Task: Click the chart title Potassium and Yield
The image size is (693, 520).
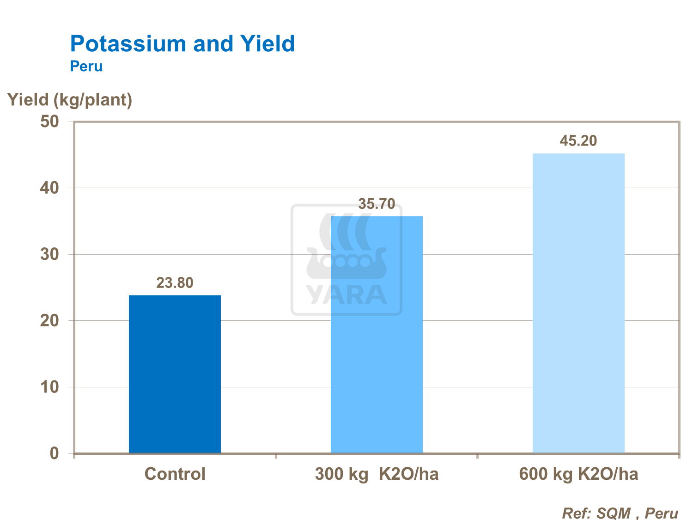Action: coord(182,44)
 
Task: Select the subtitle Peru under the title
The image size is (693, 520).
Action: coord(86,67)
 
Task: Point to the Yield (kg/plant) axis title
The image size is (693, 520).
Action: coord(70,100)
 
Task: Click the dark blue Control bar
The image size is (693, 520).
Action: coord(175,374)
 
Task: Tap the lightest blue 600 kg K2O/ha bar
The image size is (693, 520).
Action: coord(578,303)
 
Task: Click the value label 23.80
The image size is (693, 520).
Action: coord(175,283)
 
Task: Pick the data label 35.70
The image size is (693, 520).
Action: coord(377,204)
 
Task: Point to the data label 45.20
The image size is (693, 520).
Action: coord(578,141)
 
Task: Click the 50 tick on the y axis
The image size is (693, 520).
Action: coord(50,122)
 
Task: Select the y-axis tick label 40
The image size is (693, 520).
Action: coord(50,188)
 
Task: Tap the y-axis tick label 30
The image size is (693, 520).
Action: coord(50,255)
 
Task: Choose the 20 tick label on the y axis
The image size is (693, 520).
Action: coord(50,321)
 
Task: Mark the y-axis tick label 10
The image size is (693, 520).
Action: coord(50,387)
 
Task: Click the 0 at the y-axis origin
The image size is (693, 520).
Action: coord(55,453)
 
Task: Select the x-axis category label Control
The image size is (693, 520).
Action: coord(175,474)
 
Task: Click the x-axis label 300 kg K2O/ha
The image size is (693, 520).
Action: coord(377,474)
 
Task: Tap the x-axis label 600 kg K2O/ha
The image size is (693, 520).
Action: coord(578,474)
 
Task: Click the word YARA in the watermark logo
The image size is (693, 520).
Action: coord(346,295)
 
